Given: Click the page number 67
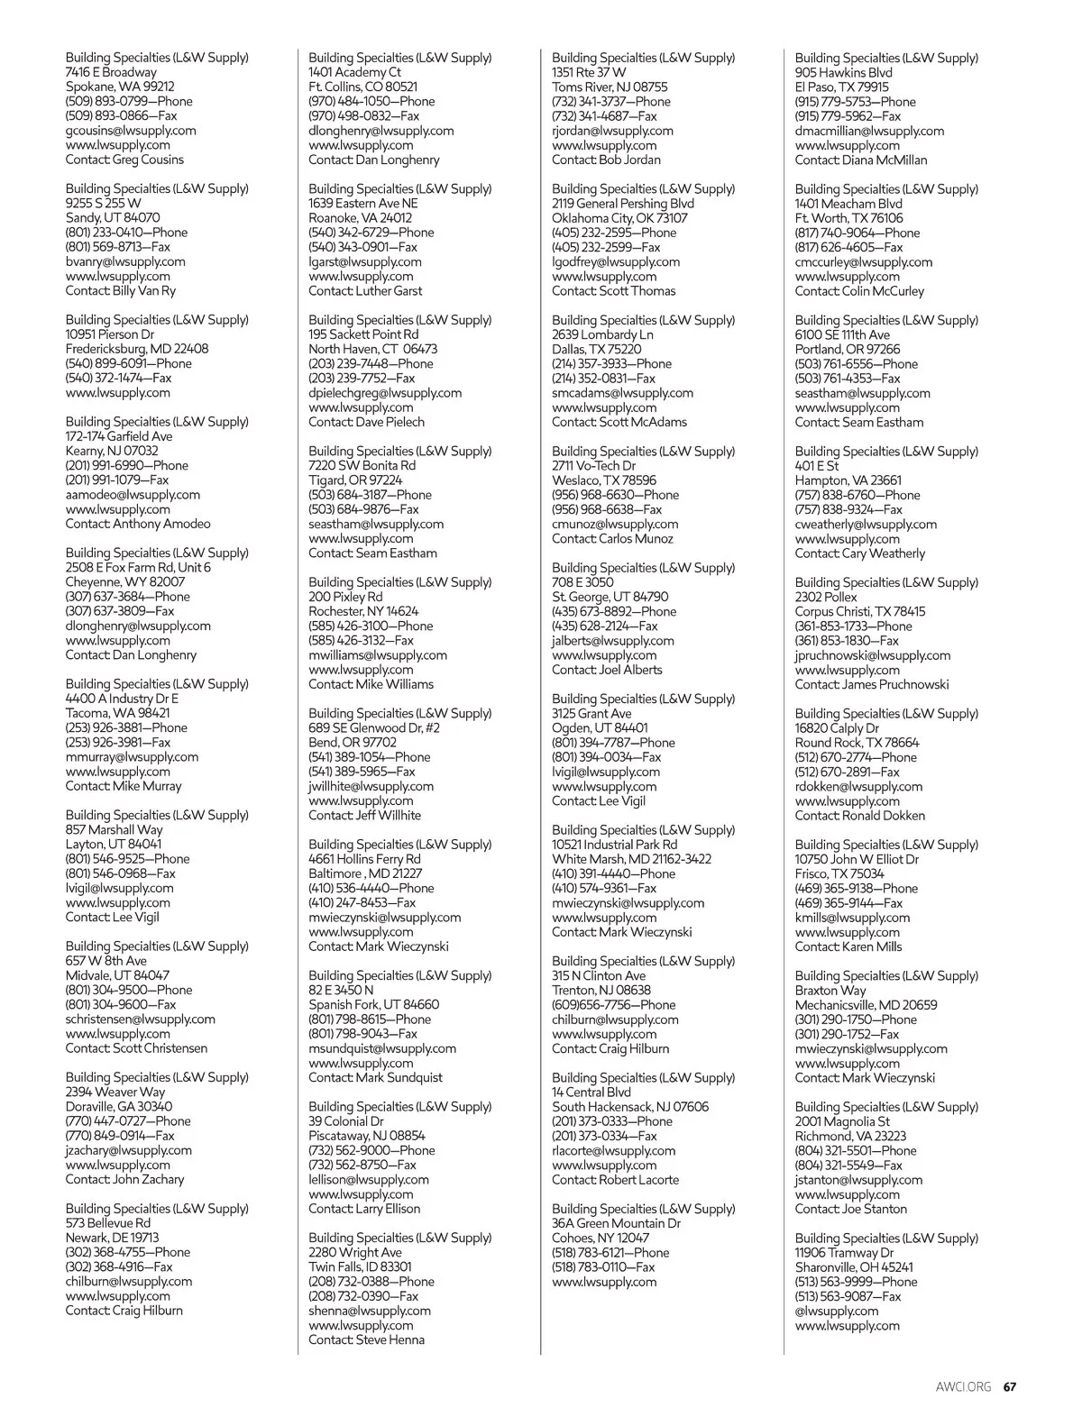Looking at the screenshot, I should click(1010, 1387).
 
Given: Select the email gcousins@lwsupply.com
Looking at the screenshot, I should click(131, 131).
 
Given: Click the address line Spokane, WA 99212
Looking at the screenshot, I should click(120, 87).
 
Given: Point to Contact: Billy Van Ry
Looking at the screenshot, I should click(121, 291).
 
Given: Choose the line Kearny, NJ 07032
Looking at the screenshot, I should click(112, 451).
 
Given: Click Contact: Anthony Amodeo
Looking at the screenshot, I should click(138, 524).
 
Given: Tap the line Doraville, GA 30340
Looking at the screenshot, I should click(119, 1106).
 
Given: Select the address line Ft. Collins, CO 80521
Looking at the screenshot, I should click(363, 87).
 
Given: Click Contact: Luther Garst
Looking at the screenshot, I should click(365, 291).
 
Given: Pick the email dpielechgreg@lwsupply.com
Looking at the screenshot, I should click(385, 393).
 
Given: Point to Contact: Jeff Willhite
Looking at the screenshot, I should click(365, 815).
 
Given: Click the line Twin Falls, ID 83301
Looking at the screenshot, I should click(361, 1266).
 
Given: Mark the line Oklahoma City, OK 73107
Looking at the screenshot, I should click(619, 218).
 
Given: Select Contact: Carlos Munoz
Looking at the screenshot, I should click(612, 539).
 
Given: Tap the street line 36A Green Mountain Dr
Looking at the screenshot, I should click(616, 1223).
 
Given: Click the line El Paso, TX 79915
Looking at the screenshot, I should click(841, 87).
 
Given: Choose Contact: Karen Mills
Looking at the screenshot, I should click(848, 946).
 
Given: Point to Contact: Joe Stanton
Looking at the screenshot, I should click(851, 1209).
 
